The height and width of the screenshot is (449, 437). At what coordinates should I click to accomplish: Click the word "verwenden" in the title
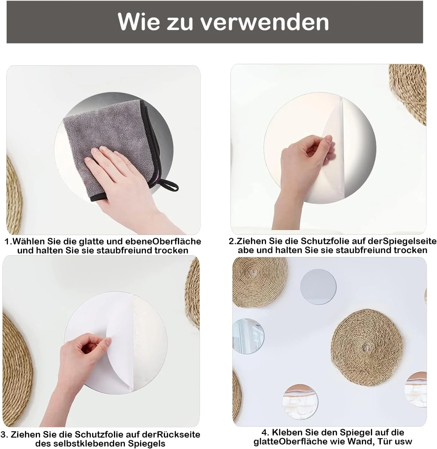tap(265, 22)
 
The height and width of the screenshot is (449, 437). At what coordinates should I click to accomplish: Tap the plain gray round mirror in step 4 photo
tap(318, 286)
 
